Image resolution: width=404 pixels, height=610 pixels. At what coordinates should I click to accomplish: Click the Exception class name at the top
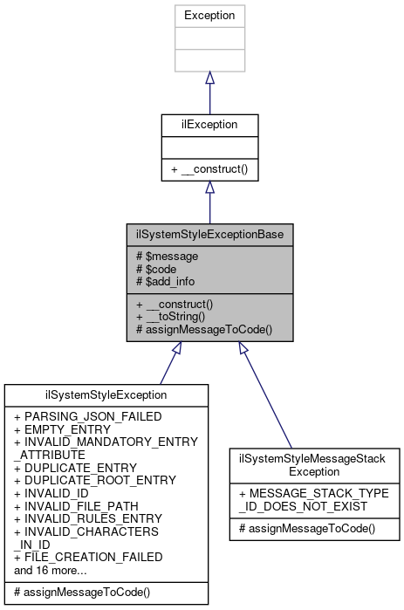[209, 16]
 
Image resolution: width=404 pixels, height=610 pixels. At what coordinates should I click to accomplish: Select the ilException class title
[209, 125]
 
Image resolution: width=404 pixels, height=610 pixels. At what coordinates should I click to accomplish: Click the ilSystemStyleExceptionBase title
[209, 235]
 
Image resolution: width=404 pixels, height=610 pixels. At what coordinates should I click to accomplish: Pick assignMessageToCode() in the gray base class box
[200, 329]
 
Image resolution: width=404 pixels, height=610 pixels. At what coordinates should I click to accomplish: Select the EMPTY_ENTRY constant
[62, 429]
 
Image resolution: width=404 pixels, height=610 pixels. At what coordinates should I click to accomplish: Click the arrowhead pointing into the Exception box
[209, 78]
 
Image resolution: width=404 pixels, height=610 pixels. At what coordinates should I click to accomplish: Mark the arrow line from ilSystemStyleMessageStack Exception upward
[266, 393]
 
